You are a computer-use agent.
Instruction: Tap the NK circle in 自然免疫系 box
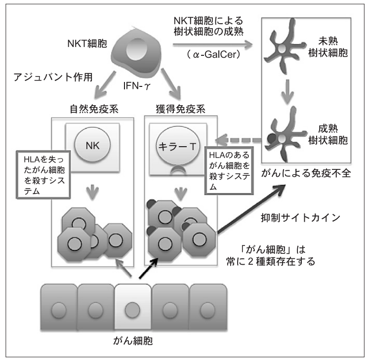92,146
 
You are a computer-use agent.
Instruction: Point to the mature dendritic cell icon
286,137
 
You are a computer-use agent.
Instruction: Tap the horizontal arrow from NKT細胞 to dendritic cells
212,44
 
